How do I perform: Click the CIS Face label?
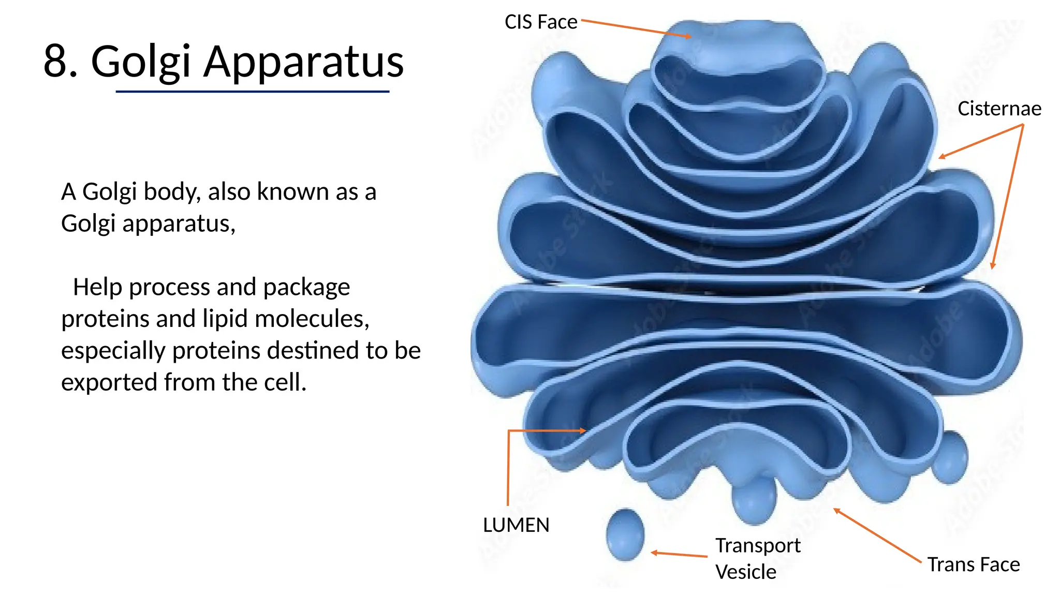click(540, 22)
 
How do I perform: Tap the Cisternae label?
click(999, 109)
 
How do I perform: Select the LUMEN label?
click(516, 525)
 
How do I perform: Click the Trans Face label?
click(973, 564)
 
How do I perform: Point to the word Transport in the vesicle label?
click(758, 546)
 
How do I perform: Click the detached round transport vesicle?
click(625, 535)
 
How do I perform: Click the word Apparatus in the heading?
click(303, 63)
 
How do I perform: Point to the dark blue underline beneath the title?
click(253, 92)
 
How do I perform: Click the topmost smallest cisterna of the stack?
click(737, 67)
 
